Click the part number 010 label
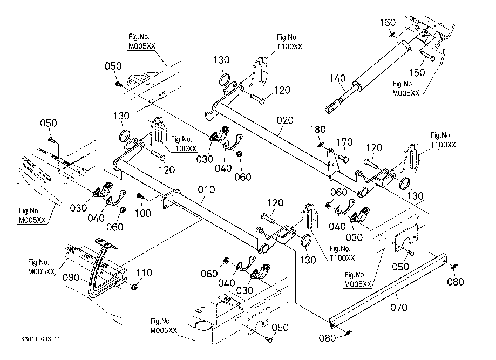(206, 190)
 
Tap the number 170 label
(344, 142)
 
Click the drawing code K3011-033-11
(40, 339)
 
